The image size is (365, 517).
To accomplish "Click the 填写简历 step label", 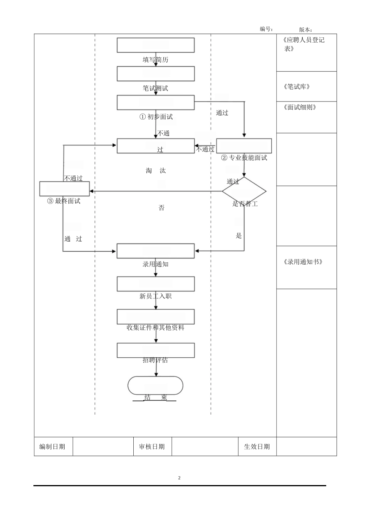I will (156, 60).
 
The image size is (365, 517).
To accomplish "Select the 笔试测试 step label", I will (156, 88).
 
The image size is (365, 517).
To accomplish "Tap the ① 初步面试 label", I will (156, 117).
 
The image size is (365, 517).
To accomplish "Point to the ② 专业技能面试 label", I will (244, 158).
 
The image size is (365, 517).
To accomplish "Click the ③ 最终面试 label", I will (64, 201).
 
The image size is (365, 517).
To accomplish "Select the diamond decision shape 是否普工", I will (244, 191).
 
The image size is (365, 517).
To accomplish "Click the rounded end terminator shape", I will (156, 385).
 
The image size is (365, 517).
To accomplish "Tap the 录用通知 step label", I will (156, 264).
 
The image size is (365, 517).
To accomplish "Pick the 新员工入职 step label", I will (156, 296).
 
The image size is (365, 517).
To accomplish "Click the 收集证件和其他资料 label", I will (156, 328).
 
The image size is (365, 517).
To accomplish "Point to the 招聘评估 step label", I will (156, 360).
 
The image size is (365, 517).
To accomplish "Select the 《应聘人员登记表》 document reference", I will (303, 44).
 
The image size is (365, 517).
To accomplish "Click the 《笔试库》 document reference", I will (296, 87).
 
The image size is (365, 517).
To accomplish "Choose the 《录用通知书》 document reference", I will (302, 262).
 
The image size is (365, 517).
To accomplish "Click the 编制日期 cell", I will (52, 447).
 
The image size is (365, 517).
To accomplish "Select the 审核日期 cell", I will (152, 447).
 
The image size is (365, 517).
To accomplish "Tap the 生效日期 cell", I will (257, 447).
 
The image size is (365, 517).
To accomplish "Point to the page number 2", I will (179, 478).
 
